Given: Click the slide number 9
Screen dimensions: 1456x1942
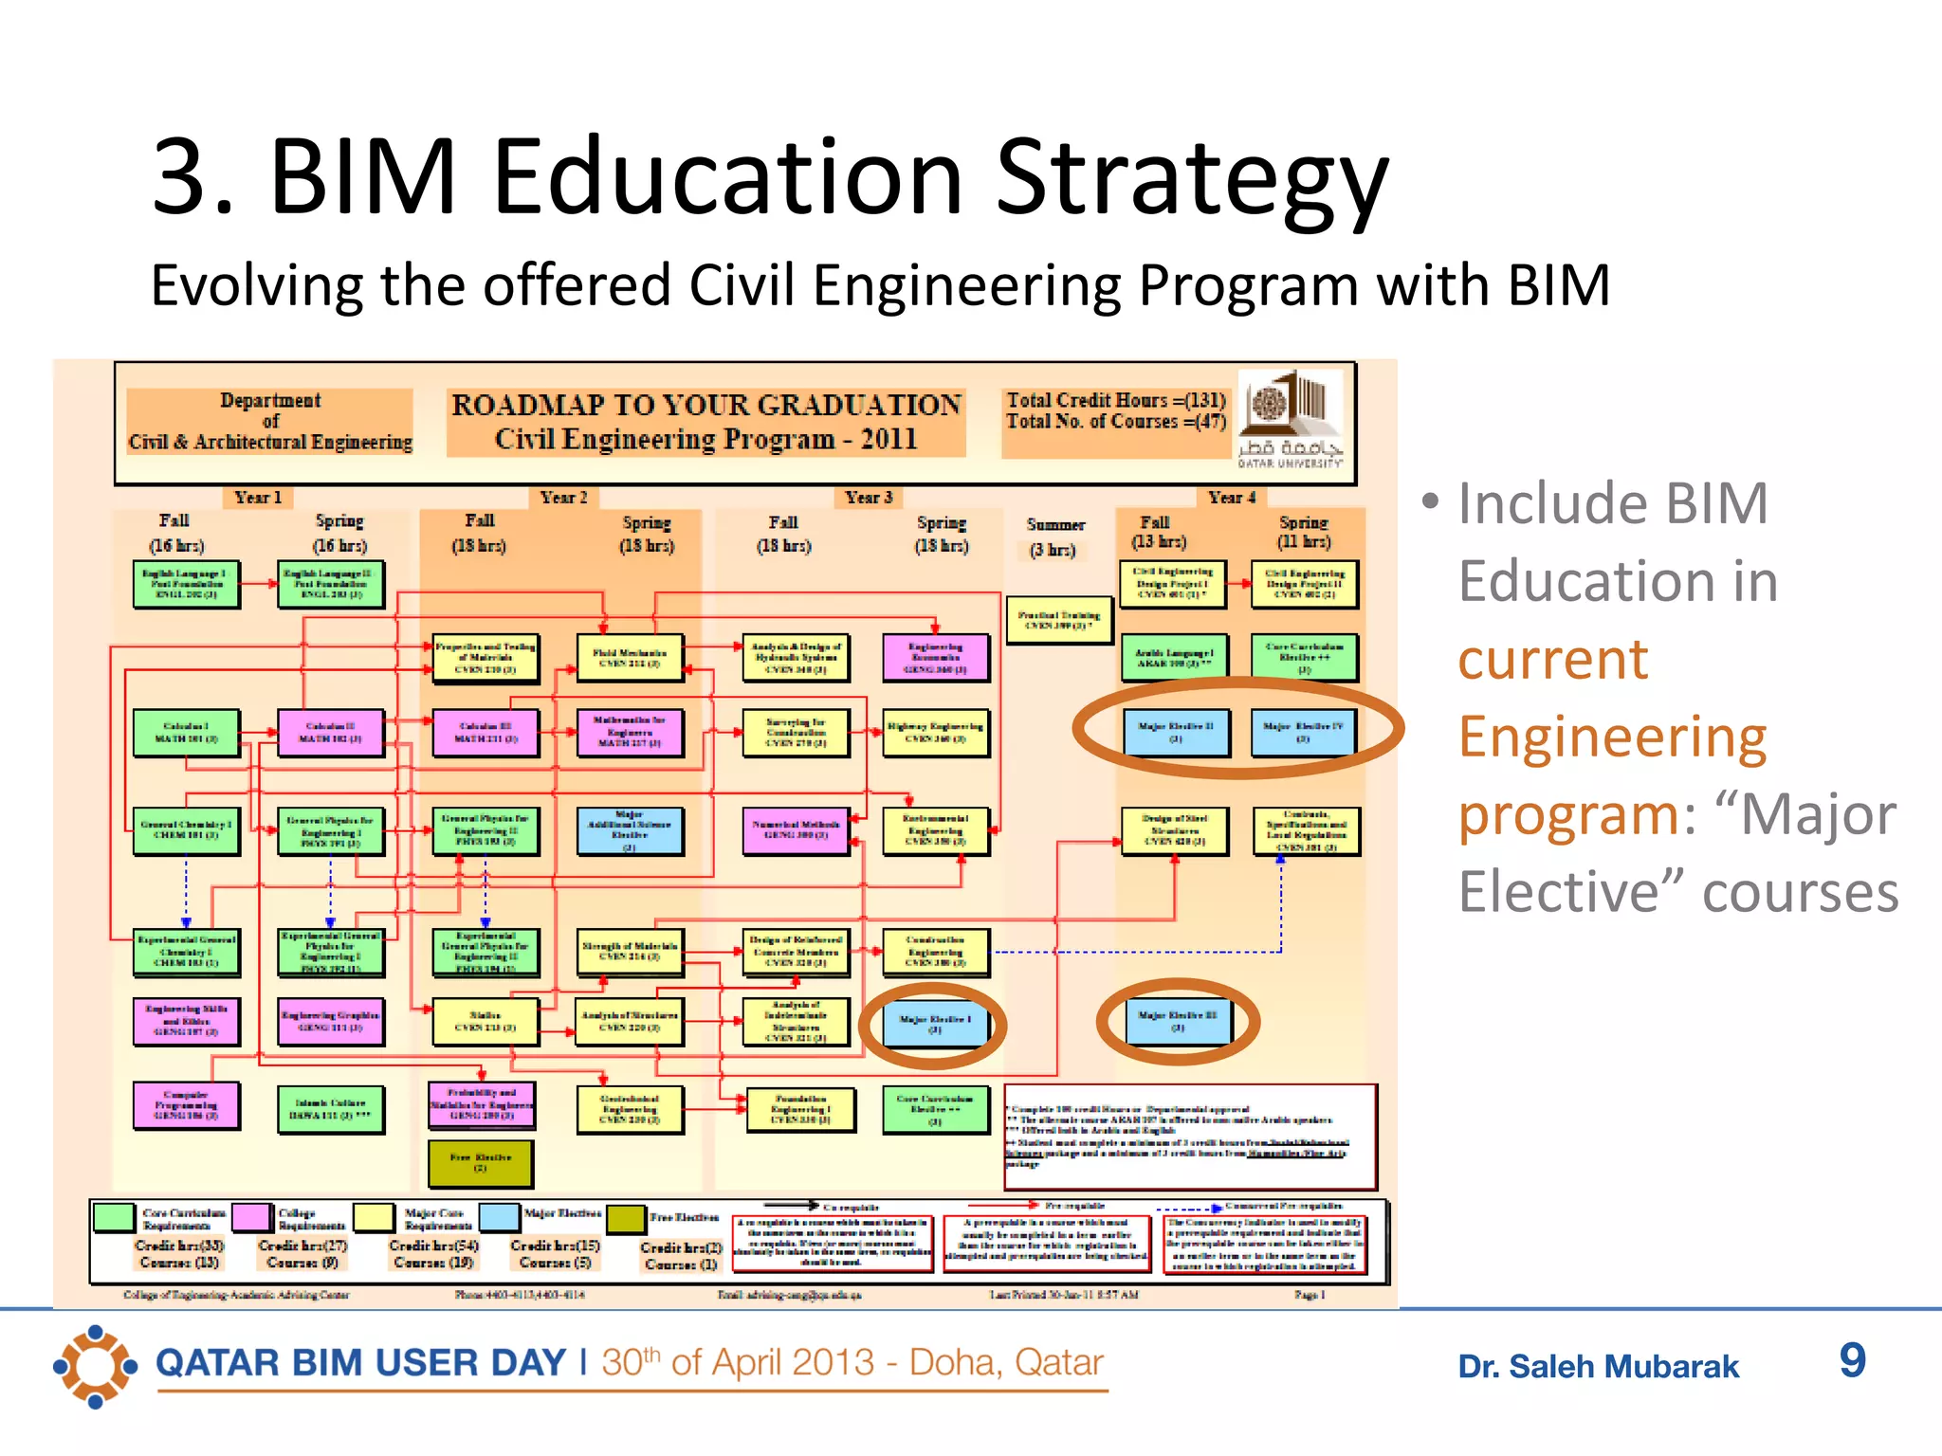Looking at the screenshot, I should click(1852, 1361).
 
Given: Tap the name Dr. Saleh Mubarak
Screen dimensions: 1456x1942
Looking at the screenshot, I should click(1598, 1367).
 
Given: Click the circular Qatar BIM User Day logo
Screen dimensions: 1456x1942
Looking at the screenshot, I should click(95, 1366).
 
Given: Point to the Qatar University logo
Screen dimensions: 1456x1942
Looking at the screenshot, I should click(1291, 418).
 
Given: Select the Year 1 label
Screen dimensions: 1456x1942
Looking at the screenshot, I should click(258, 498).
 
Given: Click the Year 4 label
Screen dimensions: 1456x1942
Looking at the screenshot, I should click(1231, 498).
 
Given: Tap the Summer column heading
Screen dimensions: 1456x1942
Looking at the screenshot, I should click(1055, 525).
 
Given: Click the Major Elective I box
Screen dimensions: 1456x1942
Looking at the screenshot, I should click(935, 1024).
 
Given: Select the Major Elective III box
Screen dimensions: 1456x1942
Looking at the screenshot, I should click(1177, 1020).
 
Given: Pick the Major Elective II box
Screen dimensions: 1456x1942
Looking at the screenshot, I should click(1176, 732).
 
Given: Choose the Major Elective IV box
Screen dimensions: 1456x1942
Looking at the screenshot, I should click(1303, 732).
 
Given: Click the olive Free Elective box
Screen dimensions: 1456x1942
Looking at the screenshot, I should click(481, 1163).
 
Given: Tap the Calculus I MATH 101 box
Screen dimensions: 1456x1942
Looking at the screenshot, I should click(186, 733).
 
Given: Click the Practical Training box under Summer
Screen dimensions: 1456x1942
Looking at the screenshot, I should click(1058, 620).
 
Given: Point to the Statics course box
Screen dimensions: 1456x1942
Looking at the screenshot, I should click(485, 1021).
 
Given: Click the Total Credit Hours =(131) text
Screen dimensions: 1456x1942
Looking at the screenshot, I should click(1115, 400).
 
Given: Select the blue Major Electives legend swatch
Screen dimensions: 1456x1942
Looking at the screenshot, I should click(499, 1216).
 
